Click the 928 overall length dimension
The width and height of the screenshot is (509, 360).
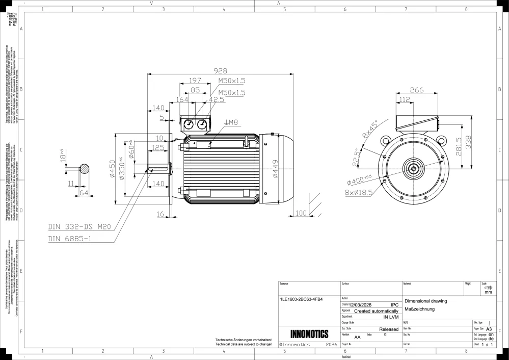tap(220, 71)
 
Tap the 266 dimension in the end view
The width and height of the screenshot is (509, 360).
tap(417, 90)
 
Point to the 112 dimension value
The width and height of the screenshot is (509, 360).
tap(405, 99)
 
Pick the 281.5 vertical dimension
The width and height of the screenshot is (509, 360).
tap(459, 146)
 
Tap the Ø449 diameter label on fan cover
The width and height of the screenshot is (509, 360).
tap(275, 168)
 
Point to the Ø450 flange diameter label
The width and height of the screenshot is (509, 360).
tap(113, 168)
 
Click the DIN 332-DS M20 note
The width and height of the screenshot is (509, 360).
tap(79, 227)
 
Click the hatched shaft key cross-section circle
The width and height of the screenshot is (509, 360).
tap(85, 169)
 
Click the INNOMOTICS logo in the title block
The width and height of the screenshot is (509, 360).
tap(309, 335)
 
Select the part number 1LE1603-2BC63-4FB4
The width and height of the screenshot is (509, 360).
tap(302, 299)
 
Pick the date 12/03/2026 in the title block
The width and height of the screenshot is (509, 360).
tap(364, 305)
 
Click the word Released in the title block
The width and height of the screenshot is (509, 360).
tap(389, 329)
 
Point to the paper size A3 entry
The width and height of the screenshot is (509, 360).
tap(489, 329)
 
